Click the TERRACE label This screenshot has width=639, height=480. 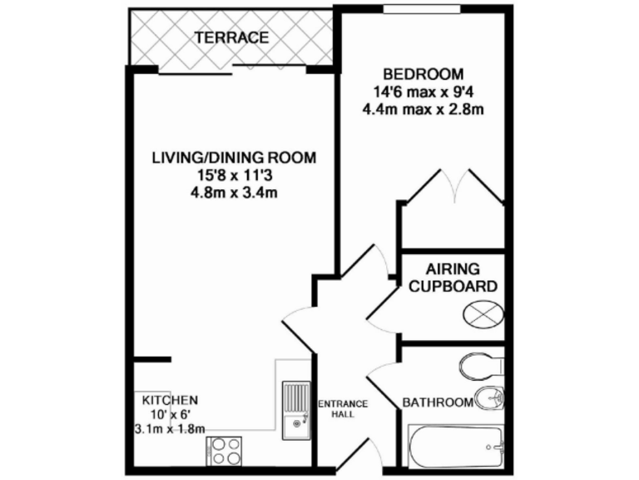point(231,37)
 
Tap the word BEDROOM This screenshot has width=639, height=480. point(422,72)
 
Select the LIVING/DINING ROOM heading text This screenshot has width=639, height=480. point(234,157)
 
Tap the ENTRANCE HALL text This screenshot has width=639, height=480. point(343,407)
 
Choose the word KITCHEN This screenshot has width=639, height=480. point(169,399)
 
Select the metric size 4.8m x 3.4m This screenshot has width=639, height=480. point(234,192)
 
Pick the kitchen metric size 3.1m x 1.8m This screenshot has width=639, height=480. point(169,429)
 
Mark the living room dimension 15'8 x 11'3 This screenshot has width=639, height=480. point(234,175)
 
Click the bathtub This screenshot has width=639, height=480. point(456,447)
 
